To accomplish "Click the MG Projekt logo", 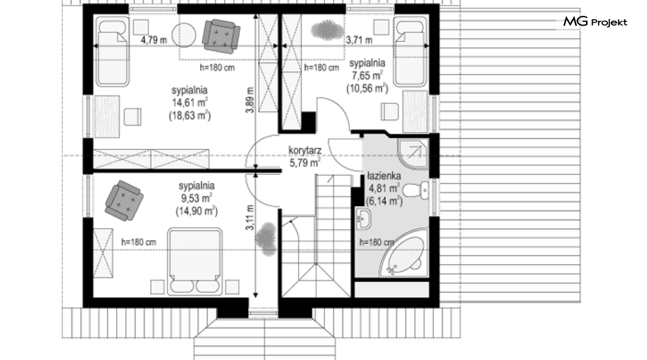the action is tap(595, 22).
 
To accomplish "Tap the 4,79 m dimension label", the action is tap(153, 40).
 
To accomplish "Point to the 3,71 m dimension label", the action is tap(359, 40).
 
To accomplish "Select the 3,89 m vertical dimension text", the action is tap(250, 100).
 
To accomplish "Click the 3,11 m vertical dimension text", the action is tap(250, 218).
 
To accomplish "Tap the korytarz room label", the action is tap(305, 151).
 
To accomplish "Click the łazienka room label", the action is tap(384, 176).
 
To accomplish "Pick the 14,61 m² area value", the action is tap(189, 103).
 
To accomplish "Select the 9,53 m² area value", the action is tap(197, 198).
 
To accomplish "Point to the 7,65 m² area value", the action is tap(367, 76).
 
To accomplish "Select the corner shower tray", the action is tap(413, 153).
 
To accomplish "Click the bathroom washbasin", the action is tap(364, 219).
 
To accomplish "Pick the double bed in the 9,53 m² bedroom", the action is tap(194, 261).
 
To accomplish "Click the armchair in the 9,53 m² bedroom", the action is tap(124, 200).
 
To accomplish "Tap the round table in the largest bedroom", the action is tap(184, 35).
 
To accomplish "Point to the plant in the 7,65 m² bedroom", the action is tap(328, 30).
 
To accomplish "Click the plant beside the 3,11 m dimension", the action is tap(266, 239).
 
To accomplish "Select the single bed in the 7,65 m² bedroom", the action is tap(411, 52).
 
